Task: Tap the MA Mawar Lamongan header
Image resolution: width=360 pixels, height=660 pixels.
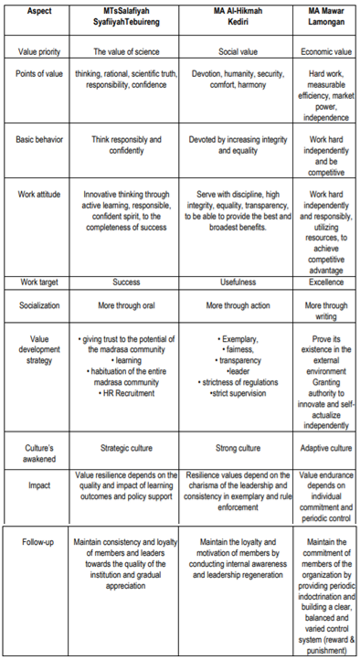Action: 328,17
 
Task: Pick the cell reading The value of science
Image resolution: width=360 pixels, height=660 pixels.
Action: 125,52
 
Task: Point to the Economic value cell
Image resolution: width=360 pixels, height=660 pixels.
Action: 328,52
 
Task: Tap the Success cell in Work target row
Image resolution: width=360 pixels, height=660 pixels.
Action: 125,282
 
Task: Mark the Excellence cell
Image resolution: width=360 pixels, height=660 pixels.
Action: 328,282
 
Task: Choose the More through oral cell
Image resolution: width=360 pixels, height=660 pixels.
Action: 125,306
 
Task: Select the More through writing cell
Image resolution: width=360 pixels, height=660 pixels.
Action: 328,312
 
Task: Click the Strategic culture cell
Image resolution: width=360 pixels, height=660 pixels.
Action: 125,449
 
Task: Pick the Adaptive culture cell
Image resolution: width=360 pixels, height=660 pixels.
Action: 328,449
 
